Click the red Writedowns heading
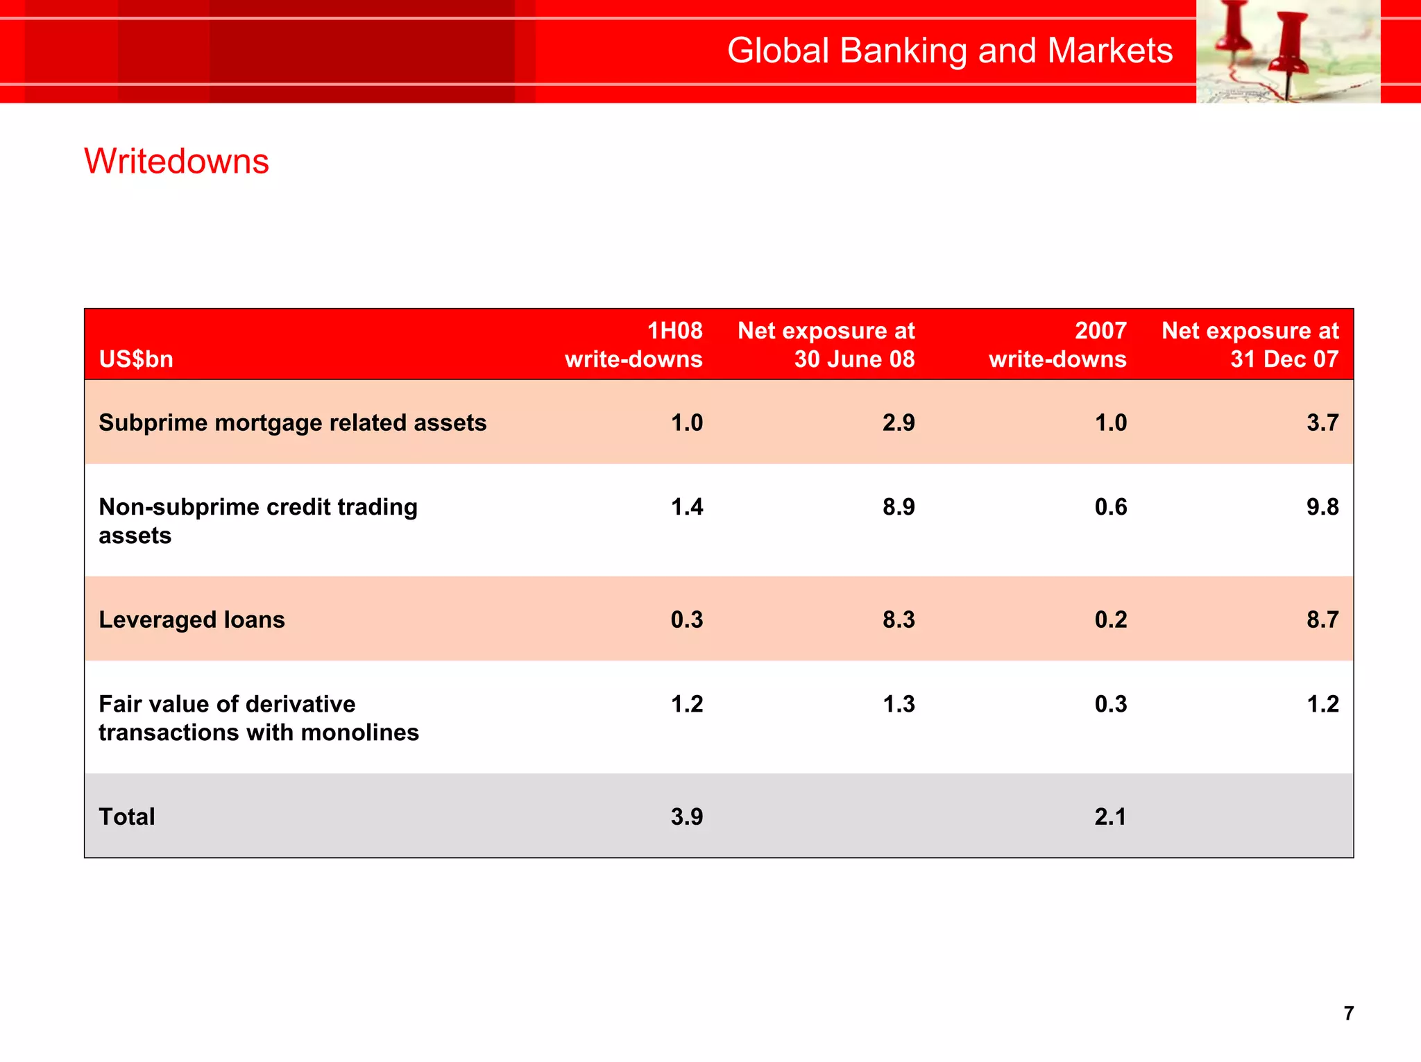coord(176,162)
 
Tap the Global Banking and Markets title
coord(949,51)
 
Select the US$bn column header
coord(136,359)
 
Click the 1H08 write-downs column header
coord(633,345)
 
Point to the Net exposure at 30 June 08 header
coord(826,345)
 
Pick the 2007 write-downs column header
coord(1057,345)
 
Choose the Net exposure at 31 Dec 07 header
coord(1250,345)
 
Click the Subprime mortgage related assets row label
coord(292,422)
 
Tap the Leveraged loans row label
coord(192,619)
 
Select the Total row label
coord(127,816)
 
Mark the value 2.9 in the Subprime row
coord(899,422)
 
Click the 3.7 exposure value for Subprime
coord(1322,422)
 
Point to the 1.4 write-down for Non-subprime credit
coord(687,507)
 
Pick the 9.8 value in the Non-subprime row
coord(1322,507)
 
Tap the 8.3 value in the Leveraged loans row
coord(899,619)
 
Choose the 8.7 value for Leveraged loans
coord(1322,619)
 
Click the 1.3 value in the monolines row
coord(899,704)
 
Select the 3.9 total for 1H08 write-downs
coord(687,816)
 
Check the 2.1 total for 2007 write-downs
coord(1110,816)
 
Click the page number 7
coord(1348,1013)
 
